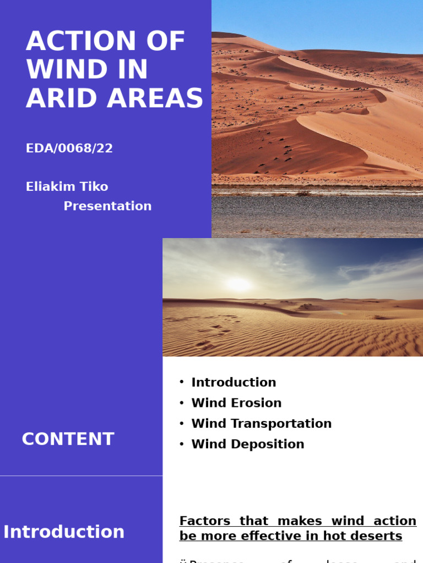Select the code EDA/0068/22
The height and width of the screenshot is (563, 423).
tap(69, 148)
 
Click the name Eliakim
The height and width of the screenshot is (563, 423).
tap(52, 186)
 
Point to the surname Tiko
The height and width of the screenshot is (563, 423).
tap(95, 186)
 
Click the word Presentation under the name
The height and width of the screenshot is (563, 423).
tap(107, 206)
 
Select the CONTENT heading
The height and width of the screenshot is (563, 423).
tap(68, 439)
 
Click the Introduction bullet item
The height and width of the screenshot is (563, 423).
tap(234, 383)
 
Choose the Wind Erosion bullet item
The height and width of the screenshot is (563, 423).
tap(236, 403)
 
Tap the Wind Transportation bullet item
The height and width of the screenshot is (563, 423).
tap(261, 424)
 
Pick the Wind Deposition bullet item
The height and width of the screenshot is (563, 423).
tap(247, 444)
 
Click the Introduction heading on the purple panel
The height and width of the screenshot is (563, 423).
tap(64, 532)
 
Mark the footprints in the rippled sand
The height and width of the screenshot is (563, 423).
tap(212, 336)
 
